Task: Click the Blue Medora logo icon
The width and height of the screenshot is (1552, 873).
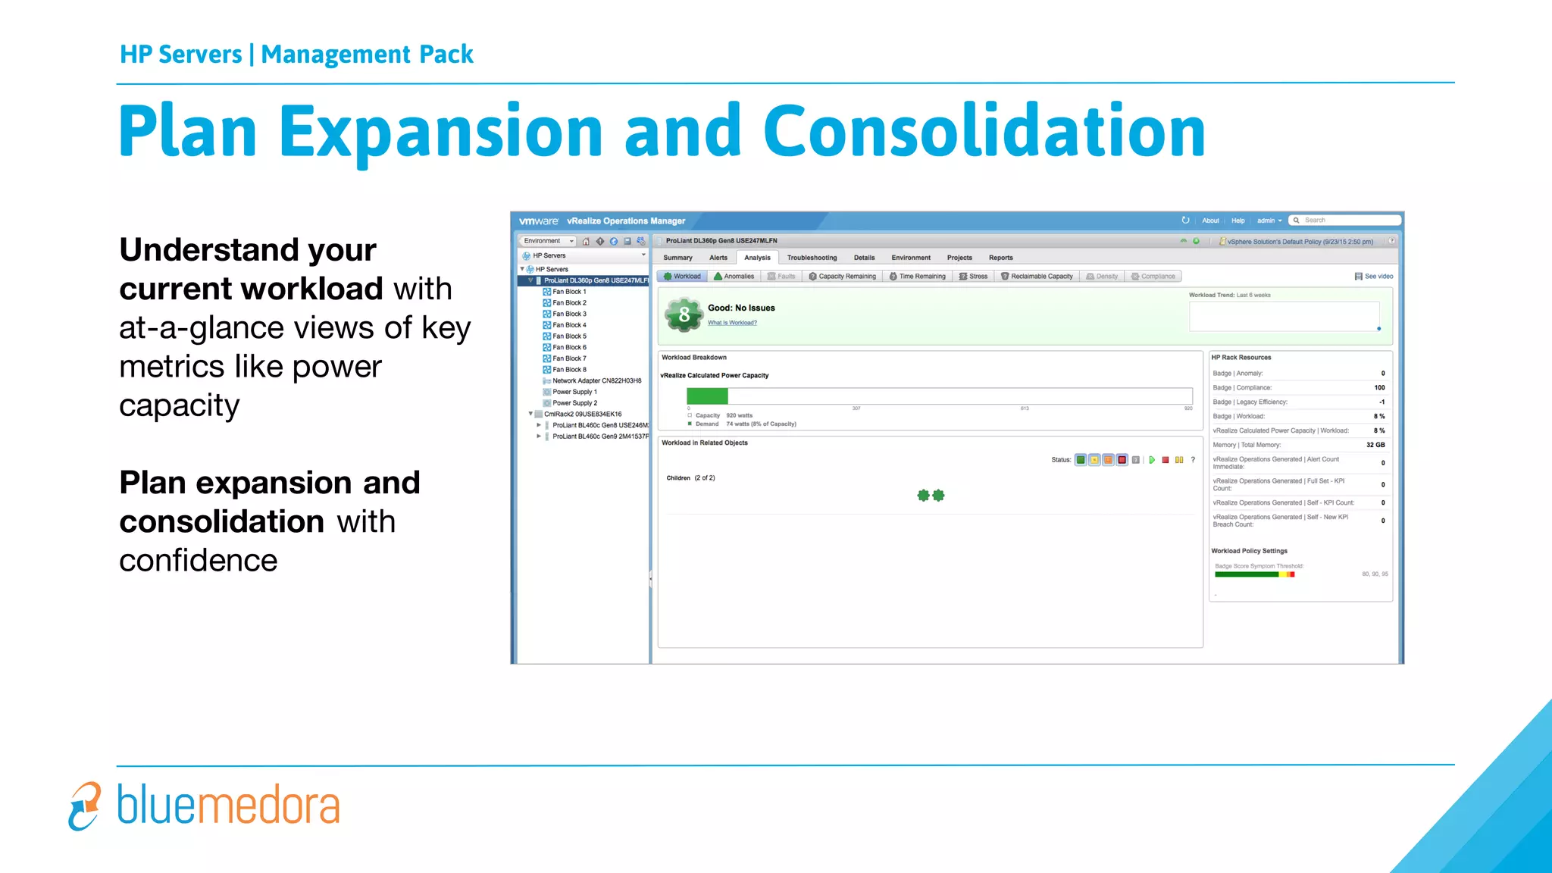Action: [84, 806]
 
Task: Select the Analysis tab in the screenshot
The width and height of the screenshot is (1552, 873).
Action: [757, 258]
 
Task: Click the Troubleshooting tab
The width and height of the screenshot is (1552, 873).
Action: [812, 258]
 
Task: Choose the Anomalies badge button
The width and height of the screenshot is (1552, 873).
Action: [734, 277]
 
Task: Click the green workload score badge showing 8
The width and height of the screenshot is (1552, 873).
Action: [684, 314]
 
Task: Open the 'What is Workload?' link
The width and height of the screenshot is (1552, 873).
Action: [732, 323]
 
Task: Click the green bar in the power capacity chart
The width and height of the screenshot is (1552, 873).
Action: [707, 396]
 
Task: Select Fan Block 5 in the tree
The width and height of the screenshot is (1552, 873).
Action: [569, 336]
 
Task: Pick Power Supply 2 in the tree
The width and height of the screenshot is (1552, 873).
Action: [574, 403]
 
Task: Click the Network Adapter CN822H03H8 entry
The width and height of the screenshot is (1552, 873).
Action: [596, 381]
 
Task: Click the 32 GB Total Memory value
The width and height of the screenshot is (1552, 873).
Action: [1375, 445]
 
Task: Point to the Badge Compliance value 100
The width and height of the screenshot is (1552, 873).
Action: [1379, 387]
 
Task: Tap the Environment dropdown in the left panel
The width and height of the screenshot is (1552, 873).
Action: [547, 241]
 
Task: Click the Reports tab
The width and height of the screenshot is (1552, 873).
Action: [1000, 258]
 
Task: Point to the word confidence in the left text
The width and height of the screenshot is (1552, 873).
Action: [199, 561]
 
